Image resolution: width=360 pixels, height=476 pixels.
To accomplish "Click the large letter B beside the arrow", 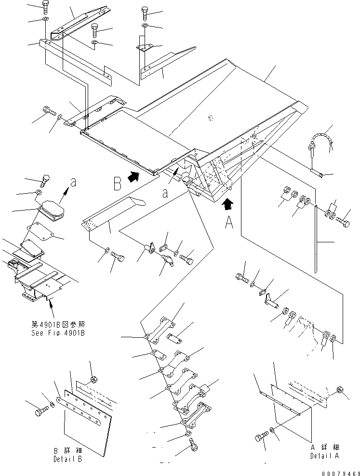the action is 118,184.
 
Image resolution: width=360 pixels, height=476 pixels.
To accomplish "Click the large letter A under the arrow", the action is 229,222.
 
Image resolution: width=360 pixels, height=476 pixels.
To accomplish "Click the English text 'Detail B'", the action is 67,459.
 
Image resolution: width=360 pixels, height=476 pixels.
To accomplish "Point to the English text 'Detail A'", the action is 324,456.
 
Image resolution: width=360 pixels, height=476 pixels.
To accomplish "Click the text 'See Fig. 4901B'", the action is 58,333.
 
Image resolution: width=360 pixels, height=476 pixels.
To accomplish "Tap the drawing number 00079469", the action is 341,473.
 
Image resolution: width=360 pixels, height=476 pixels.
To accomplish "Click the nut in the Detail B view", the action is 94,380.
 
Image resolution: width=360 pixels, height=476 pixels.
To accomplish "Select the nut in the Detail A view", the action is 340,390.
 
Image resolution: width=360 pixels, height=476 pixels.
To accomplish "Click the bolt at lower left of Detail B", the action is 40,411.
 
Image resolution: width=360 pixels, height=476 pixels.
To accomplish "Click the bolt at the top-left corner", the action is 45,6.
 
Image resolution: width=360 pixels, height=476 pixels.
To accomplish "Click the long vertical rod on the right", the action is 316,239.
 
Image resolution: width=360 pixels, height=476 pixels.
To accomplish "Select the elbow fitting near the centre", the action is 168,260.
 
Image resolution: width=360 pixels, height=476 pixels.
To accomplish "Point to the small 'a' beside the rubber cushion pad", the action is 73,183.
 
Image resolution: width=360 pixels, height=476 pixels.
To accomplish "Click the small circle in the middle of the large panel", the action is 211,118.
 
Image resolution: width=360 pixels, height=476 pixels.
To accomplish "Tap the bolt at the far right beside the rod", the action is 342,222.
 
